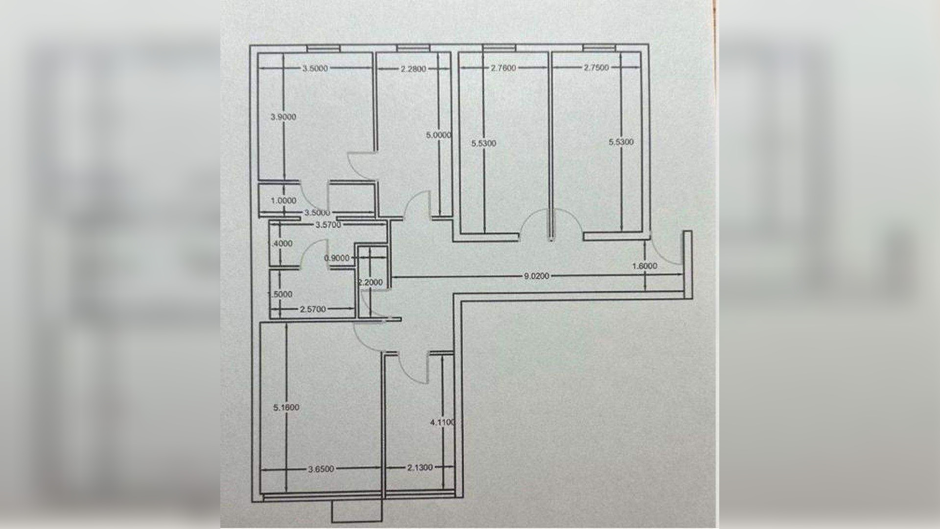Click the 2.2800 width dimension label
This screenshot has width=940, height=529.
tap(414, 69)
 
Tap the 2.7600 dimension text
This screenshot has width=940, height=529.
tap(503, 68)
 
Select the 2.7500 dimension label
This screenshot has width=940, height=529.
tap(596, 68)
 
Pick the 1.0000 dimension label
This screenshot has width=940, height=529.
tap(283, 200)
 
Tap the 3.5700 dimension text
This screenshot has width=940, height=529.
tap(328, 225)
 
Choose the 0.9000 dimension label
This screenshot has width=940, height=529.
tap(337, 258)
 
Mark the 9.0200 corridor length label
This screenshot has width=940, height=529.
tap(537, 276)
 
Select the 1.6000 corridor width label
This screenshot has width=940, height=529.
tap(645, 266)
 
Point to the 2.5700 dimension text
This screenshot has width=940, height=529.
tap(313, 309)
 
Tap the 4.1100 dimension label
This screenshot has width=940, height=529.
tap(443, 422)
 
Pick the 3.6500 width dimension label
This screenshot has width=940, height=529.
tap(321, 469)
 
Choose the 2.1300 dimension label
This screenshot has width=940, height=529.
tap(420, 468)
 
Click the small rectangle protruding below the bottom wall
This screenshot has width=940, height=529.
tap(356, 512)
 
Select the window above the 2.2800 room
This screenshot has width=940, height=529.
tap(413, 48)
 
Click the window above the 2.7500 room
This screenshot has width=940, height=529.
tap(600, 48)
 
